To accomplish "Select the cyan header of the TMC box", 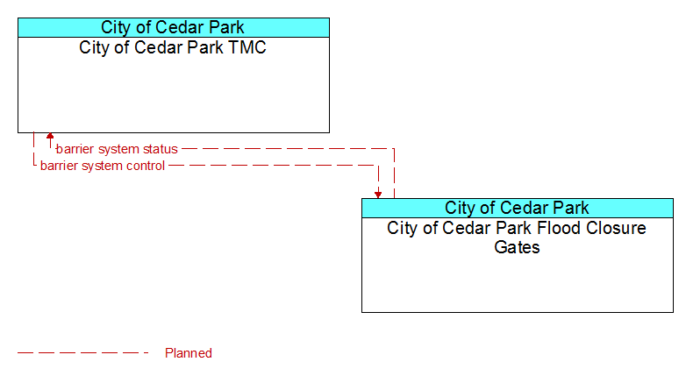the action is click(x=174, y=27).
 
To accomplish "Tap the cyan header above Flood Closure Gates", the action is click(x=518, y=208).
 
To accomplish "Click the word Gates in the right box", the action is click(x=517, y=247).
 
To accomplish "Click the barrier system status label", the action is click(x=117, y=149).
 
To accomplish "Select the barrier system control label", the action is click(x=103, y=166).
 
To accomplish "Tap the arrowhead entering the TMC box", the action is click(x=50, y=136).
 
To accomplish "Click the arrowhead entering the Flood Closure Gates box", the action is click(x=378, y=195).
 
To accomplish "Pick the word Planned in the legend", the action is click(x=189, y=353).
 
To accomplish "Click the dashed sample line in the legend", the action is click(x=83, y=353).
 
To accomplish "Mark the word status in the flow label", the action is click(x=161, y=149).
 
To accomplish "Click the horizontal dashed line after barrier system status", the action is click(x=288, y=149).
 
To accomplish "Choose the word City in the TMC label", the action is click(x=94, y=47).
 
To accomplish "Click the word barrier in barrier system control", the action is click(x=58, y=166).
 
